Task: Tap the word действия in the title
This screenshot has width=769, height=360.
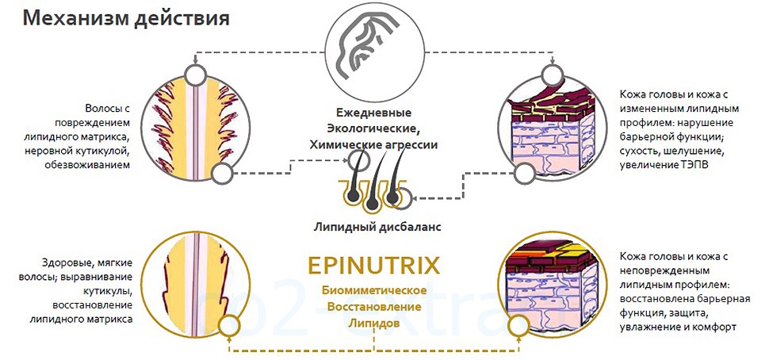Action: coord(180,18)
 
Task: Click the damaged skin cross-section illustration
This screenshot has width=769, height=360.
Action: coord(552,128)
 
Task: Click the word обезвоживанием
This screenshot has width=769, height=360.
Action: coord(90,164)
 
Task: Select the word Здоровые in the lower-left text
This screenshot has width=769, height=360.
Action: coord(64,262)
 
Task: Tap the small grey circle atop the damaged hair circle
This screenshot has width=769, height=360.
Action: coord(194,74)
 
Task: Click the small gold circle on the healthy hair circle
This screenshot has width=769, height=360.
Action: coord(229,324)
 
